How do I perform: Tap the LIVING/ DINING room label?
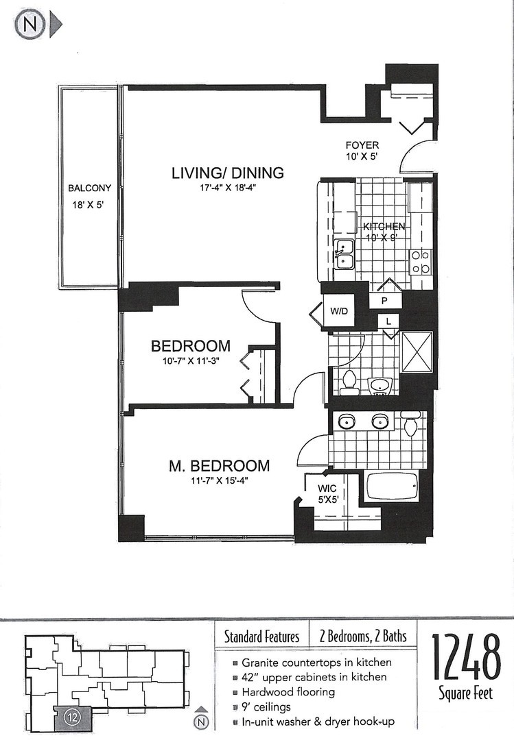pyautogui.click(x=227, y=173)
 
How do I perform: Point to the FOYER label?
pyautogui.click(x=362, y=145)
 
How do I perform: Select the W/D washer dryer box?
pyautogui.click(x=339, y=311)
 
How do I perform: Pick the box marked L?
pyautogui.click(x=389, y=321)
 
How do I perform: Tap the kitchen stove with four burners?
pyautogui.click(x=419, y=262)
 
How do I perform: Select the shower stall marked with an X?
pyautogui.click(x=417, y=351)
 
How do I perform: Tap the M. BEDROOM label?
pyautogui.click(x=219, y=466)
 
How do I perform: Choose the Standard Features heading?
pyautogui.click(x=261, y=637)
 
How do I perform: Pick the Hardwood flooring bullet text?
pyautogui.click(x=288, y=692)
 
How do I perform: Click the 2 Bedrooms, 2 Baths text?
pyautogui.click(x=362, y=637)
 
